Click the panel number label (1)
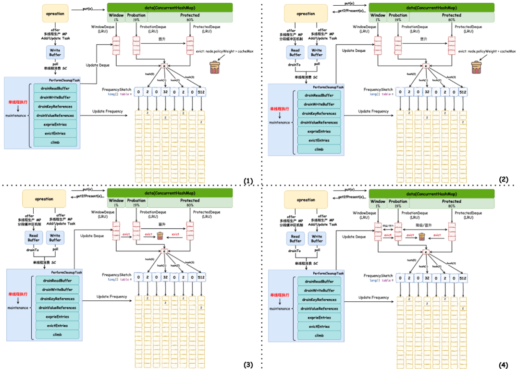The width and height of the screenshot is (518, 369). coord(248,181)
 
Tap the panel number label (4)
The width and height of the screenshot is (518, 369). coord(503,365)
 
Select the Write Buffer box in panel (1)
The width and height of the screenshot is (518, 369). coord(55,52)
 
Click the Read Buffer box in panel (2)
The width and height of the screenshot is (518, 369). coord(296,52)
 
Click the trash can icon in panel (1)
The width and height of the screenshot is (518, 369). coord(214,68)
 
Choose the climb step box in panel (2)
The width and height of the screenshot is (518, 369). coord(319,149)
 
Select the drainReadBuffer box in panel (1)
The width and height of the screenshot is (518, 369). coord(55,88)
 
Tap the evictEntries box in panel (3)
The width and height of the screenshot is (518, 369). coord(58,326)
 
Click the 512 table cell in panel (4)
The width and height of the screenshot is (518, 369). coord(463,278)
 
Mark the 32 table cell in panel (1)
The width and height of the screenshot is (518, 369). coord(165,92)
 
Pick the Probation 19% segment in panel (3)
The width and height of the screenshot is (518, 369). coord(136,203)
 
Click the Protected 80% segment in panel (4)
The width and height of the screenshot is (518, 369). coord(451,204)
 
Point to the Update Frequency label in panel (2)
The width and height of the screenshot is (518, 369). coord(373,111)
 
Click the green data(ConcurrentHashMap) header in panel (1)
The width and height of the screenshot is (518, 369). coord(170,7)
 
